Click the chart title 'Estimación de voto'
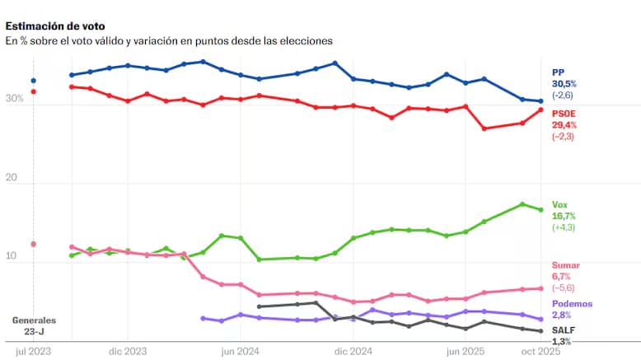(x=55, y=26)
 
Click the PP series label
(x=558, y=72)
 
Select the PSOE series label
(x=564, y=113)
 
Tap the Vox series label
(x=559, y=204)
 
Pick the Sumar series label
(x=565, y=265)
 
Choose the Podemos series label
(x=571, y=304)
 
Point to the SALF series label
(x=563, y=330)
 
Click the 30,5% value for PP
(x=564, y=84)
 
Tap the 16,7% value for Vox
(x=564, y=216)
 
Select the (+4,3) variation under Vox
(x=564, y=227)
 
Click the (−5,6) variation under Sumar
(x=564, y=288)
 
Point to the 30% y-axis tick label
(x=15, y=99)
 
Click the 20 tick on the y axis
(x=12, y=178)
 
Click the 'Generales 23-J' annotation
(x=34, y=325)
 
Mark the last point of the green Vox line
(x=540, y=209)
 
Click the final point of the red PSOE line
(x=540, y=110)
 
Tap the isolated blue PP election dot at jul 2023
(x=34, y=81)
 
